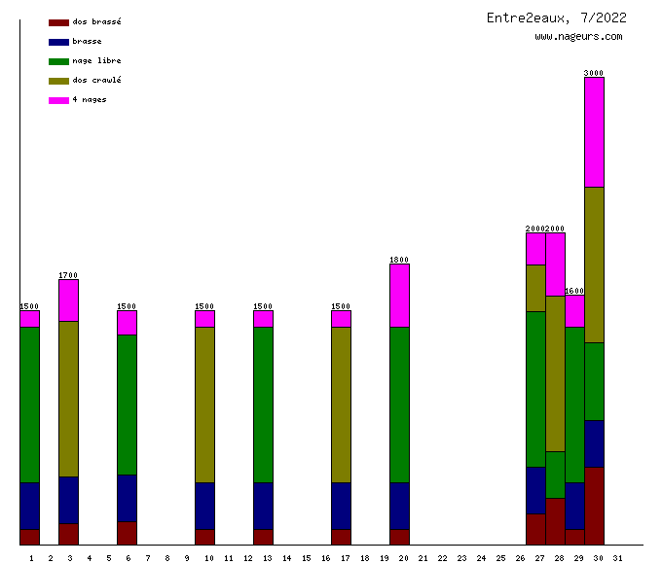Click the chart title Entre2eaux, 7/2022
point(556,18)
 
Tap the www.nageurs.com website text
point(578,37)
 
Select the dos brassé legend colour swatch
point(58,21)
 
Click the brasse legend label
point(87,41)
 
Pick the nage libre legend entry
point(96,60)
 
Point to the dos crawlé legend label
point(96,80)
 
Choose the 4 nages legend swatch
point(58,100)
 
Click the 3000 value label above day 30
point(594,73)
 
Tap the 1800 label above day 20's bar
point(399,260)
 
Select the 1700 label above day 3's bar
point(68,275)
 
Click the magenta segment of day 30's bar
point(594,131)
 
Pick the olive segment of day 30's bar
point(594,264)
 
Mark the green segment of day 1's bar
point(29,405)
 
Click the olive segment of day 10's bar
point(204,405)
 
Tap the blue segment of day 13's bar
point(263,506)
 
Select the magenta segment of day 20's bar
point(399,296)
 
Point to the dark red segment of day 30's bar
point(594,506)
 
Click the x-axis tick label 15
point(306,557)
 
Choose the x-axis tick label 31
point(617,557)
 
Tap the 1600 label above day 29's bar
point(574,291)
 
